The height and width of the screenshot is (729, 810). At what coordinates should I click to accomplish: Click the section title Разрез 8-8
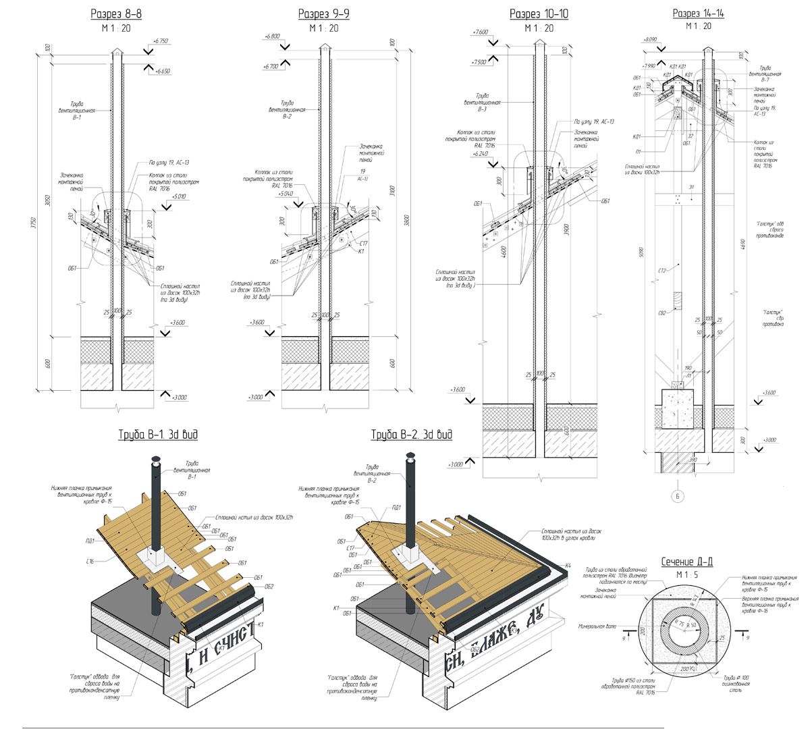116,14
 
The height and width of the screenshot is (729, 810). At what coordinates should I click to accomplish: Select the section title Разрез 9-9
323,14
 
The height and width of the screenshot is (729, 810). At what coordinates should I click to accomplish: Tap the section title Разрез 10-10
539,14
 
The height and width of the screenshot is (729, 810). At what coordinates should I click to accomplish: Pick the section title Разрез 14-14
698,13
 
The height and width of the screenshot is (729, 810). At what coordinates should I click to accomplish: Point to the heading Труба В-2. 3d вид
412,435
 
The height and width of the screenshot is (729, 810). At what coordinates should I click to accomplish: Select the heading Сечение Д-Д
685,562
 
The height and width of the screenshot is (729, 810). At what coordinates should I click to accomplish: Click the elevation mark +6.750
161,41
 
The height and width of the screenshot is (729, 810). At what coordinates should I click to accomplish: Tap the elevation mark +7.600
481,32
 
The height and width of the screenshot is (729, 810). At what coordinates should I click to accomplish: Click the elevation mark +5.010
179,196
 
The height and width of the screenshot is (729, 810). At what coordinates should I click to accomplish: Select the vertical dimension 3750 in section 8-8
33,223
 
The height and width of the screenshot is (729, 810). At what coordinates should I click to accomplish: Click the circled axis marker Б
678,496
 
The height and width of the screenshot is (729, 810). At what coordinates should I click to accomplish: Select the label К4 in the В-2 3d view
568,565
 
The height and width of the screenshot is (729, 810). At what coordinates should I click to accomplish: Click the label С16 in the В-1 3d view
90,561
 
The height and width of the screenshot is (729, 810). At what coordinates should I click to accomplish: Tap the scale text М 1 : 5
685,574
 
